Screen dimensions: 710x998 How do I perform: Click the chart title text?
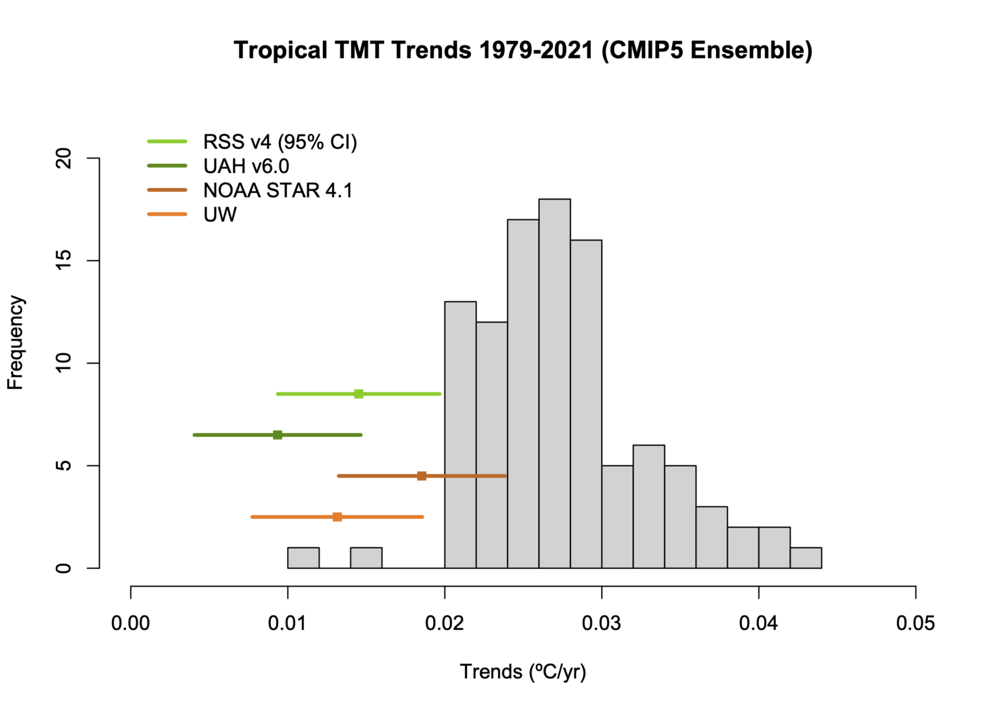pyautogui.click(x=523, y=50)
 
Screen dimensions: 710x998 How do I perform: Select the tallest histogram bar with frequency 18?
pyautogui.click(x=554, y=384)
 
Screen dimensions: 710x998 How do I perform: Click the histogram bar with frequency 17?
pyautogui.click(x=523, y=393)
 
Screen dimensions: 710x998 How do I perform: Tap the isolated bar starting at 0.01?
pyautogui.click(x=303, y=558)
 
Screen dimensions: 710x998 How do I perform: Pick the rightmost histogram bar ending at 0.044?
pyautogui.click(x=806, y=558)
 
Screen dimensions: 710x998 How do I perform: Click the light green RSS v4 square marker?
pyautogui.click(x=359, y=394)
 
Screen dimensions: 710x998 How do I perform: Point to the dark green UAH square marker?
pyautogui.click(x=277, y=435)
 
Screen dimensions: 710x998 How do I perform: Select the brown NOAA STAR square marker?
pyautogui.click(x=422, y=476)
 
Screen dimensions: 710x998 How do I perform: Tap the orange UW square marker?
pyautogui.click(x=337, y=517)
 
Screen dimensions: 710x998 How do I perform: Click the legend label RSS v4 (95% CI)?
pyautogui.click(x=280, y=142)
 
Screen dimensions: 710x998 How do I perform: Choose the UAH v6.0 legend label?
pyautogui.click(x=246, y=166)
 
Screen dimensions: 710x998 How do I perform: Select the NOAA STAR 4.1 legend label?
pyautogui.click(x=277, y=191)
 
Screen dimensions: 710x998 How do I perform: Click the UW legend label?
pyautogui.click(x=220, y=215)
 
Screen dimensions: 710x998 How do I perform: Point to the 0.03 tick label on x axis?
pyautogui.click(x=602, y=624)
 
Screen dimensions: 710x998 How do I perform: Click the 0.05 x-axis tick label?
pyautogui.click(x=915, y=624)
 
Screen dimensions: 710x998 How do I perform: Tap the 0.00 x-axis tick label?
pyautogui.click(x=131, y=624)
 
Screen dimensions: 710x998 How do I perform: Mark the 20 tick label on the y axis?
pyautogui.click(x=64, y=158)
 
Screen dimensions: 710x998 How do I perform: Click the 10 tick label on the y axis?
pyautogui.click(x=64, y=363)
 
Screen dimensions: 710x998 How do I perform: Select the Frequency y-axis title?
pyautogui.click(x=16, y=343)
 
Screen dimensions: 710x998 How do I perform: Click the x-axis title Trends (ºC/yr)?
pyautogui.click(x=523, y=672)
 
